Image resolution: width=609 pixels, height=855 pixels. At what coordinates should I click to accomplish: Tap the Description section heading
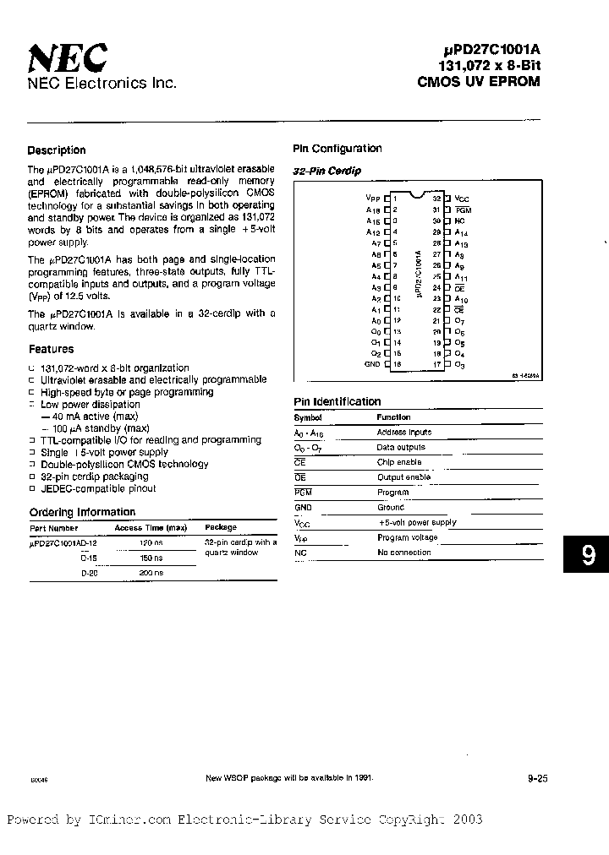(x=57, y=150)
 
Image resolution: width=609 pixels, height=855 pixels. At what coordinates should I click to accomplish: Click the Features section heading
(x=51, y=349)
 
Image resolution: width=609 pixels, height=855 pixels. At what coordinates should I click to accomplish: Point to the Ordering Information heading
(x=82, y=512)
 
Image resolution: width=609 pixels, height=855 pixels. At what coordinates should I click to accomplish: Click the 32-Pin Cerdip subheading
(x=326, y=172)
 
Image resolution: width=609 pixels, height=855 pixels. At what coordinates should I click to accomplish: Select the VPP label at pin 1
(x=369, y=197)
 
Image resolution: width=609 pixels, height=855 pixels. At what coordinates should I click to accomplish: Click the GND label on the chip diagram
(x=372, y=364)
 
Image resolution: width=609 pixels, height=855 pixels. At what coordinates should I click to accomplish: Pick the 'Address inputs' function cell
(x=403, y=432)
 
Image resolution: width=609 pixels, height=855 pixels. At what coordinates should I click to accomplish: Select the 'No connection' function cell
(x=403, y=553)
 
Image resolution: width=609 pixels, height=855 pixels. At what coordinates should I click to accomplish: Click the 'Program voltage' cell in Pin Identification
(x=407, y=537)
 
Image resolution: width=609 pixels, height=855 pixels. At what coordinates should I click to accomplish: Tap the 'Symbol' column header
(x=307, y=417)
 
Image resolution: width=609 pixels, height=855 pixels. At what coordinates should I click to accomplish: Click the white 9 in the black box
(x=588, y=555)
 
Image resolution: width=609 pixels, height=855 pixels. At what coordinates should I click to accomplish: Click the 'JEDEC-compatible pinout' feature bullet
(x=98, y=488)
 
